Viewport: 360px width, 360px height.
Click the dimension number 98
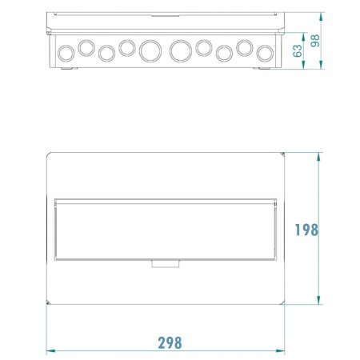pos(318,40)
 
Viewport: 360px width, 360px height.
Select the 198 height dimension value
pos(306,230)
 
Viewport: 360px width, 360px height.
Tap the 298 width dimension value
pos(169,342)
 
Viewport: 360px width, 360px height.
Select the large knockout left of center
pos(149,51)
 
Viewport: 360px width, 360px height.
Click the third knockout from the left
pos(106,53)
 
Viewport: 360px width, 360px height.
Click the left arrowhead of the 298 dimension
pos(49,350)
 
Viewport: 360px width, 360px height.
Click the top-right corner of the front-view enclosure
pos(285,152)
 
